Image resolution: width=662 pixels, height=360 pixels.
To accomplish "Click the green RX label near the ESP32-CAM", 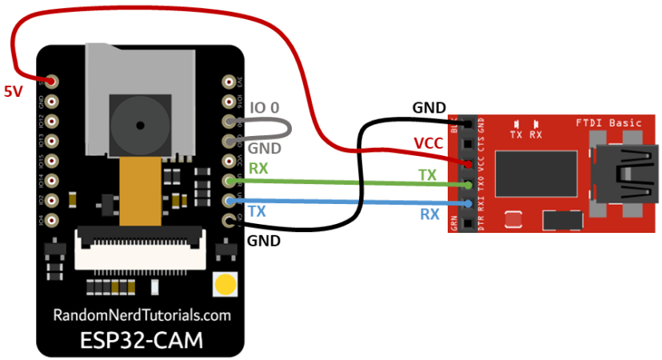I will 258,169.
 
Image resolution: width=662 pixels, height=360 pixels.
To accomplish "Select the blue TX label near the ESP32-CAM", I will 257,211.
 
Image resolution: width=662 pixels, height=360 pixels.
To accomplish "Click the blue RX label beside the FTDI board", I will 430,214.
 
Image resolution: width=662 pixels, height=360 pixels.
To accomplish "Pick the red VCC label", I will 429,143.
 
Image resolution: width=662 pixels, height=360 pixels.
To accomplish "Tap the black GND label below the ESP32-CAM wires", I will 264,239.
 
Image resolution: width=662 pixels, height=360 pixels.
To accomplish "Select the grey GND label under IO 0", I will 265,149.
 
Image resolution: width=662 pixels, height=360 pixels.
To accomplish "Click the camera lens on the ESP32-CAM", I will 140,125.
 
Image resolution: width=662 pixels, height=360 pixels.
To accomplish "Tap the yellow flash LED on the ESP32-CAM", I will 225,283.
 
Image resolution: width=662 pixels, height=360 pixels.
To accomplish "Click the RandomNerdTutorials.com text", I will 142,315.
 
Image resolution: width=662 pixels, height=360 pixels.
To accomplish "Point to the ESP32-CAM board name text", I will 142,339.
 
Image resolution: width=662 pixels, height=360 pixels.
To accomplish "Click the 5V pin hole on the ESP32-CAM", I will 52,82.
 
